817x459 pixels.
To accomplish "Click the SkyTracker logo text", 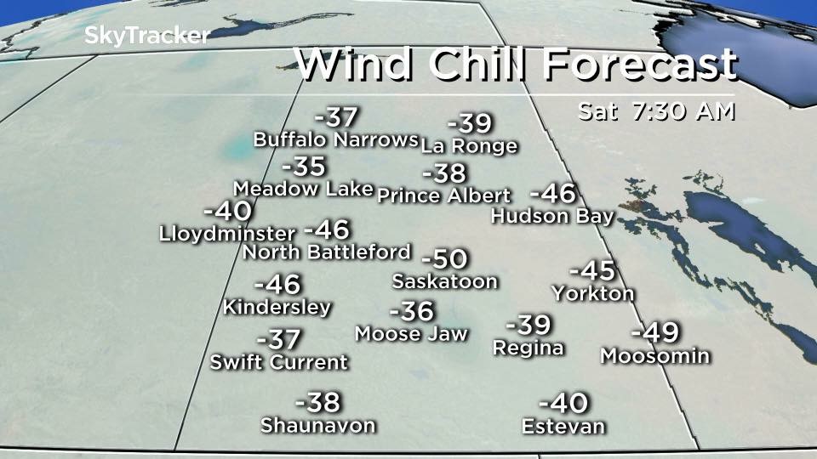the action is tap(146, 36).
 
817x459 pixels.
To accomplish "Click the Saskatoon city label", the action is tap(444, 281).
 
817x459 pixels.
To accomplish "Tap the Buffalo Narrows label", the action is tap(335, 139).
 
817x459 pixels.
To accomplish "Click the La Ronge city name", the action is tap(469, 146).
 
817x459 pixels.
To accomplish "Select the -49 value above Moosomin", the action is tap(656, 332).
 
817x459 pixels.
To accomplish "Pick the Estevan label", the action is tap(563, 426).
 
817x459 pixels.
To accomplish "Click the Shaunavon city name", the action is tap(317, 425).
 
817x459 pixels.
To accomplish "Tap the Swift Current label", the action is tap(279, 362).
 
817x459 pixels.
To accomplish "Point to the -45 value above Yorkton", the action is tap(591, 271).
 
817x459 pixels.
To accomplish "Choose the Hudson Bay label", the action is tap(552, 216).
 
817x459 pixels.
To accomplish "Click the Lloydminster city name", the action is tap(227, 233).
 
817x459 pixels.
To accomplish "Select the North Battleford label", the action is tap(327, 252).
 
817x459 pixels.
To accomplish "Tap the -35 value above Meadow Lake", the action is tap(303, 167).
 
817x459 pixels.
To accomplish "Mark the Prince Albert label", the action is tap(443, 195).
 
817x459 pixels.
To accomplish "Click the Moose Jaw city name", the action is tap(411, 333).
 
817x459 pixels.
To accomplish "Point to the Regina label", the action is tap(528, 348).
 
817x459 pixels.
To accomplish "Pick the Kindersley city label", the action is tap(277, 307).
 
